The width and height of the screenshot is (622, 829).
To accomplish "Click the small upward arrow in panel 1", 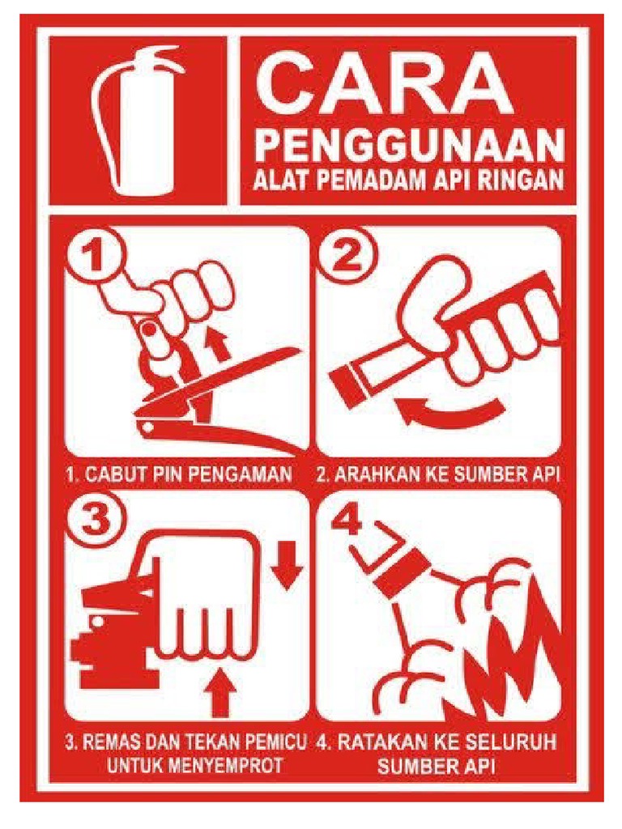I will pyautogui.click(x=216, y=342).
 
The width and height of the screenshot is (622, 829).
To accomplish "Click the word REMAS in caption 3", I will pyautogui.click(x=109, y=742).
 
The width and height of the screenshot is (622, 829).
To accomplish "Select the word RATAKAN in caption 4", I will pyautogui.click(x=384, y=742).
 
